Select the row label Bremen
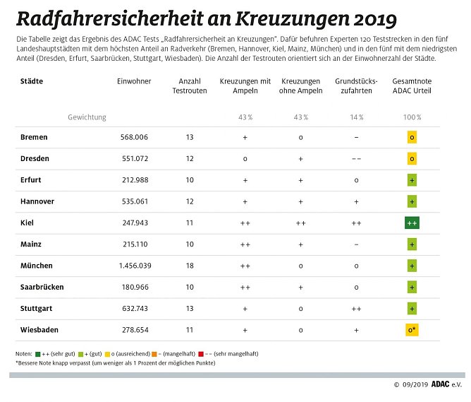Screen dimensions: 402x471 pos(35,137)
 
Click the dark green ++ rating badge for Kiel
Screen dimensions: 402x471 pos(412,223)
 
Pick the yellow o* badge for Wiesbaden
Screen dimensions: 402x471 pos(412,330)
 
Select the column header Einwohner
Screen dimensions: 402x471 pos(134,82)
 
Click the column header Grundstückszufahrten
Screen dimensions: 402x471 pos(356,87)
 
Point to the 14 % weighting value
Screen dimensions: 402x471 pos(356,117)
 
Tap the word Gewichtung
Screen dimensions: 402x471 pos(87,117)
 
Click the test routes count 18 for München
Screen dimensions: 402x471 pos(189,266)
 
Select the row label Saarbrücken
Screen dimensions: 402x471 pos(42,287)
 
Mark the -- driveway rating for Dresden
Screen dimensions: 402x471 pos(356,159)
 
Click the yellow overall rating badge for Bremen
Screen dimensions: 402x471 pos(412,137)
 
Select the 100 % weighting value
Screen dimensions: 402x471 pos(412,117)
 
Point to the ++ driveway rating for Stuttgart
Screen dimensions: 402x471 pos(356,309)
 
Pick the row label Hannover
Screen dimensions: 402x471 pos(37,201)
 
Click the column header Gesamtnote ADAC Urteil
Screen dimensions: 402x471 pos(412,87)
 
